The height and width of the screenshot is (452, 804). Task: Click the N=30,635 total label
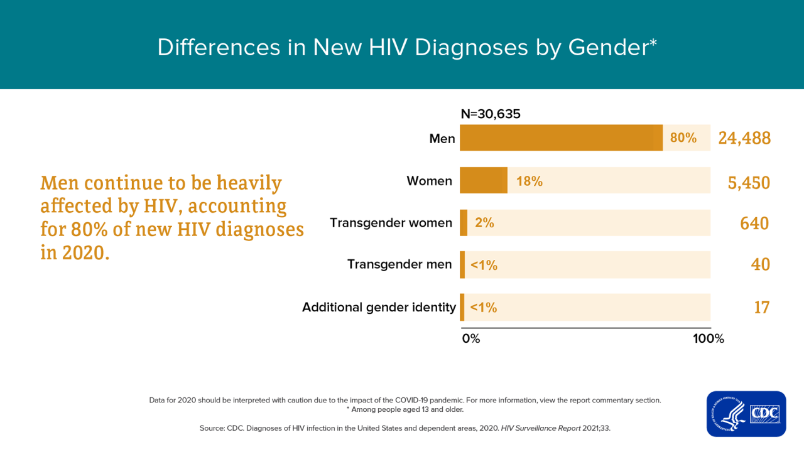point(491,114)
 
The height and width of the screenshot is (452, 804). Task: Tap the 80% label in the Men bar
point(683,138)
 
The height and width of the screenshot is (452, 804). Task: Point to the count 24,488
point(744,138)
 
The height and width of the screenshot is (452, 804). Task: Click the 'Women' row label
point(429,181)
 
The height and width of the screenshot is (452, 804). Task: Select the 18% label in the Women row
point(529,181)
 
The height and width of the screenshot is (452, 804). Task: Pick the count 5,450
point(748,182)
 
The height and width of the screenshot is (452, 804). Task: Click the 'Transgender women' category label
point(391,223)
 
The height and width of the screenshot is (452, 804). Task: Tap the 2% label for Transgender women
point(484,223)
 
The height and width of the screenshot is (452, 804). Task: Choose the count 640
point(754,223)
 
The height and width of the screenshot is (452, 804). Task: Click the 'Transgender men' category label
point(399,264)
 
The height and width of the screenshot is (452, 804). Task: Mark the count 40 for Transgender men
point(760,264)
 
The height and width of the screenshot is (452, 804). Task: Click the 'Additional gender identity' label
point(379,307)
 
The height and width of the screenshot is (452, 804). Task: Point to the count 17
point(761,307)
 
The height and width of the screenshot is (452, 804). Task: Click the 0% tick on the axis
point(471,339)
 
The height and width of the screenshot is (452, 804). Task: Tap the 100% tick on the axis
point(708,339)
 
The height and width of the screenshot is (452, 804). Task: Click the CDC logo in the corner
point(746,414)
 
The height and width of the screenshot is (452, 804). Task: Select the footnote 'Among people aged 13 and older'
point(405,409)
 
